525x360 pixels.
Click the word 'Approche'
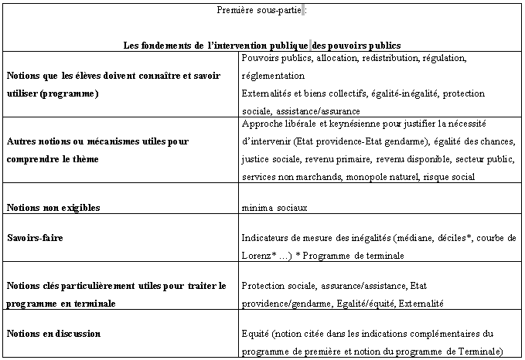pos(261,124)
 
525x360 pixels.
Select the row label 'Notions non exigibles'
pos(53,208)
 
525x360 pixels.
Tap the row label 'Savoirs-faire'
pos(35,238)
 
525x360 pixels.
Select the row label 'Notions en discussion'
pos(54,334)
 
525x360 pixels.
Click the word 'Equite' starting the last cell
pos(254,334)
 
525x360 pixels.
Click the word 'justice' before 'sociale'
pos(255,159)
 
